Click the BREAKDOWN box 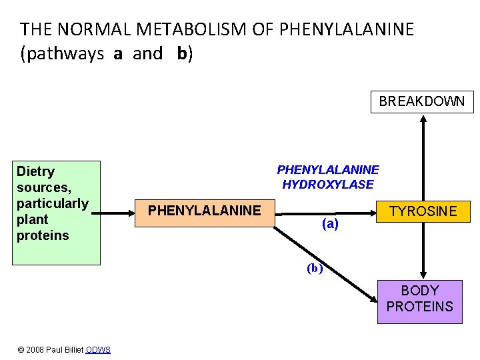pos(422,101)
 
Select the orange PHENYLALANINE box pos(204,211)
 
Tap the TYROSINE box pos(423,212)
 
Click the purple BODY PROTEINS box pos(419,299)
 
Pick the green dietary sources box pos(58,212)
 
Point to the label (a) pos(330,225)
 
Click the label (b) pos(315,269)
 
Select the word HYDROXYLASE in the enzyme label pos(327,185)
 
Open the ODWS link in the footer pos(98,350)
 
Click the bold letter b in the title pos(182,54)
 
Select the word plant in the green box pos(33,219)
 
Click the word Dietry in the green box pos(36,171)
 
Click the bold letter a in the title pos(118,54)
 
